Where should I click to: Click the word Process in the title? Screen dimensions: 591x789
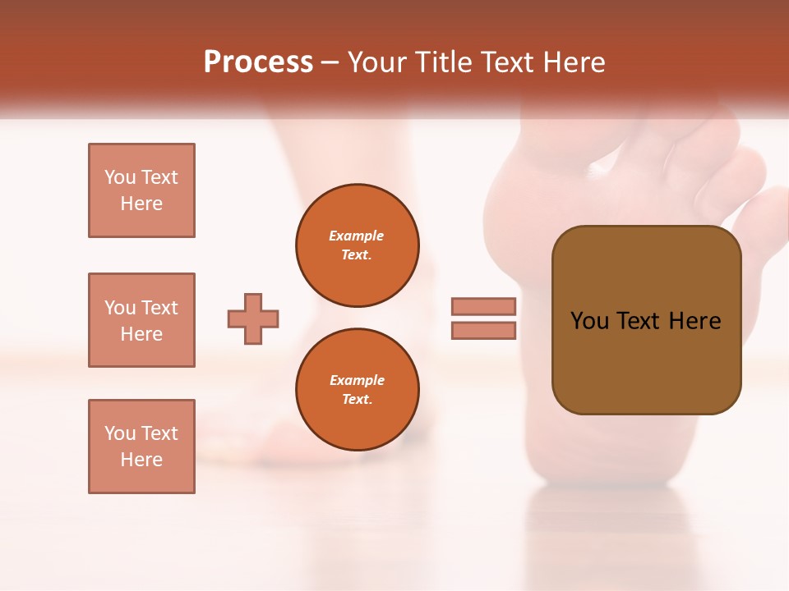point(258,62)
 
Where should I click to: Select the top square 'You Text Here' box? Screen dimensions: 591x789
point(141,190)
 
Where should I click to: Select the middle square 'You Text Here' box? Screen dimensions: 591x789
point(141,320)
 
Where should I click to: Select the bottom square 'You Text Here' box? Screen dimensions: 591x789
point(141,447)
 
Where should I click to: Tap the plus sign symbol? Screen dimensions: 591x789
point(253,318)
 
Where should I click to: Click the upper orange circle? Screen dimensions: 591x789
point(357,245)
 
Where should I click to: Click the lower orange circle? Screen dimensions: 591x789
point(357,390)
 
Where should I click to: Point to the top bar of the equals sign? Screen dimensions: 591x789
point(483,307)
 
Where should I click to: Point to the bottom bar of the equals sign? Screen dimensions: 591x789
point(483,330)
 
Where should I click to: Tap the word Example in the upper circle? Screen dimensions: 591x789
point(357,236)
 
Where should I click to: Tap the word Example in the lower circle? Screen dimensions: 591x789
point(357,380)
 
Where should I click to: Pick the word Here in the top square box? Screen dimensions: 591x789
point(141,204)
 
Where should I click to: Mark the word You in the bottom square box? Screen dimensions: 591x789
point(120,433)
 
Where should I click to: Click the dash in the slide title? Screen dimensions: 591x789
point(330,62)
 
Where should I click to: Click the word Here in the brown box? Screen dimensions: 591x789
point(694,321)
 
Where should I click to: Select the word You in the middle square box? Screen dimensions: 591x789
point(120,308)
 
